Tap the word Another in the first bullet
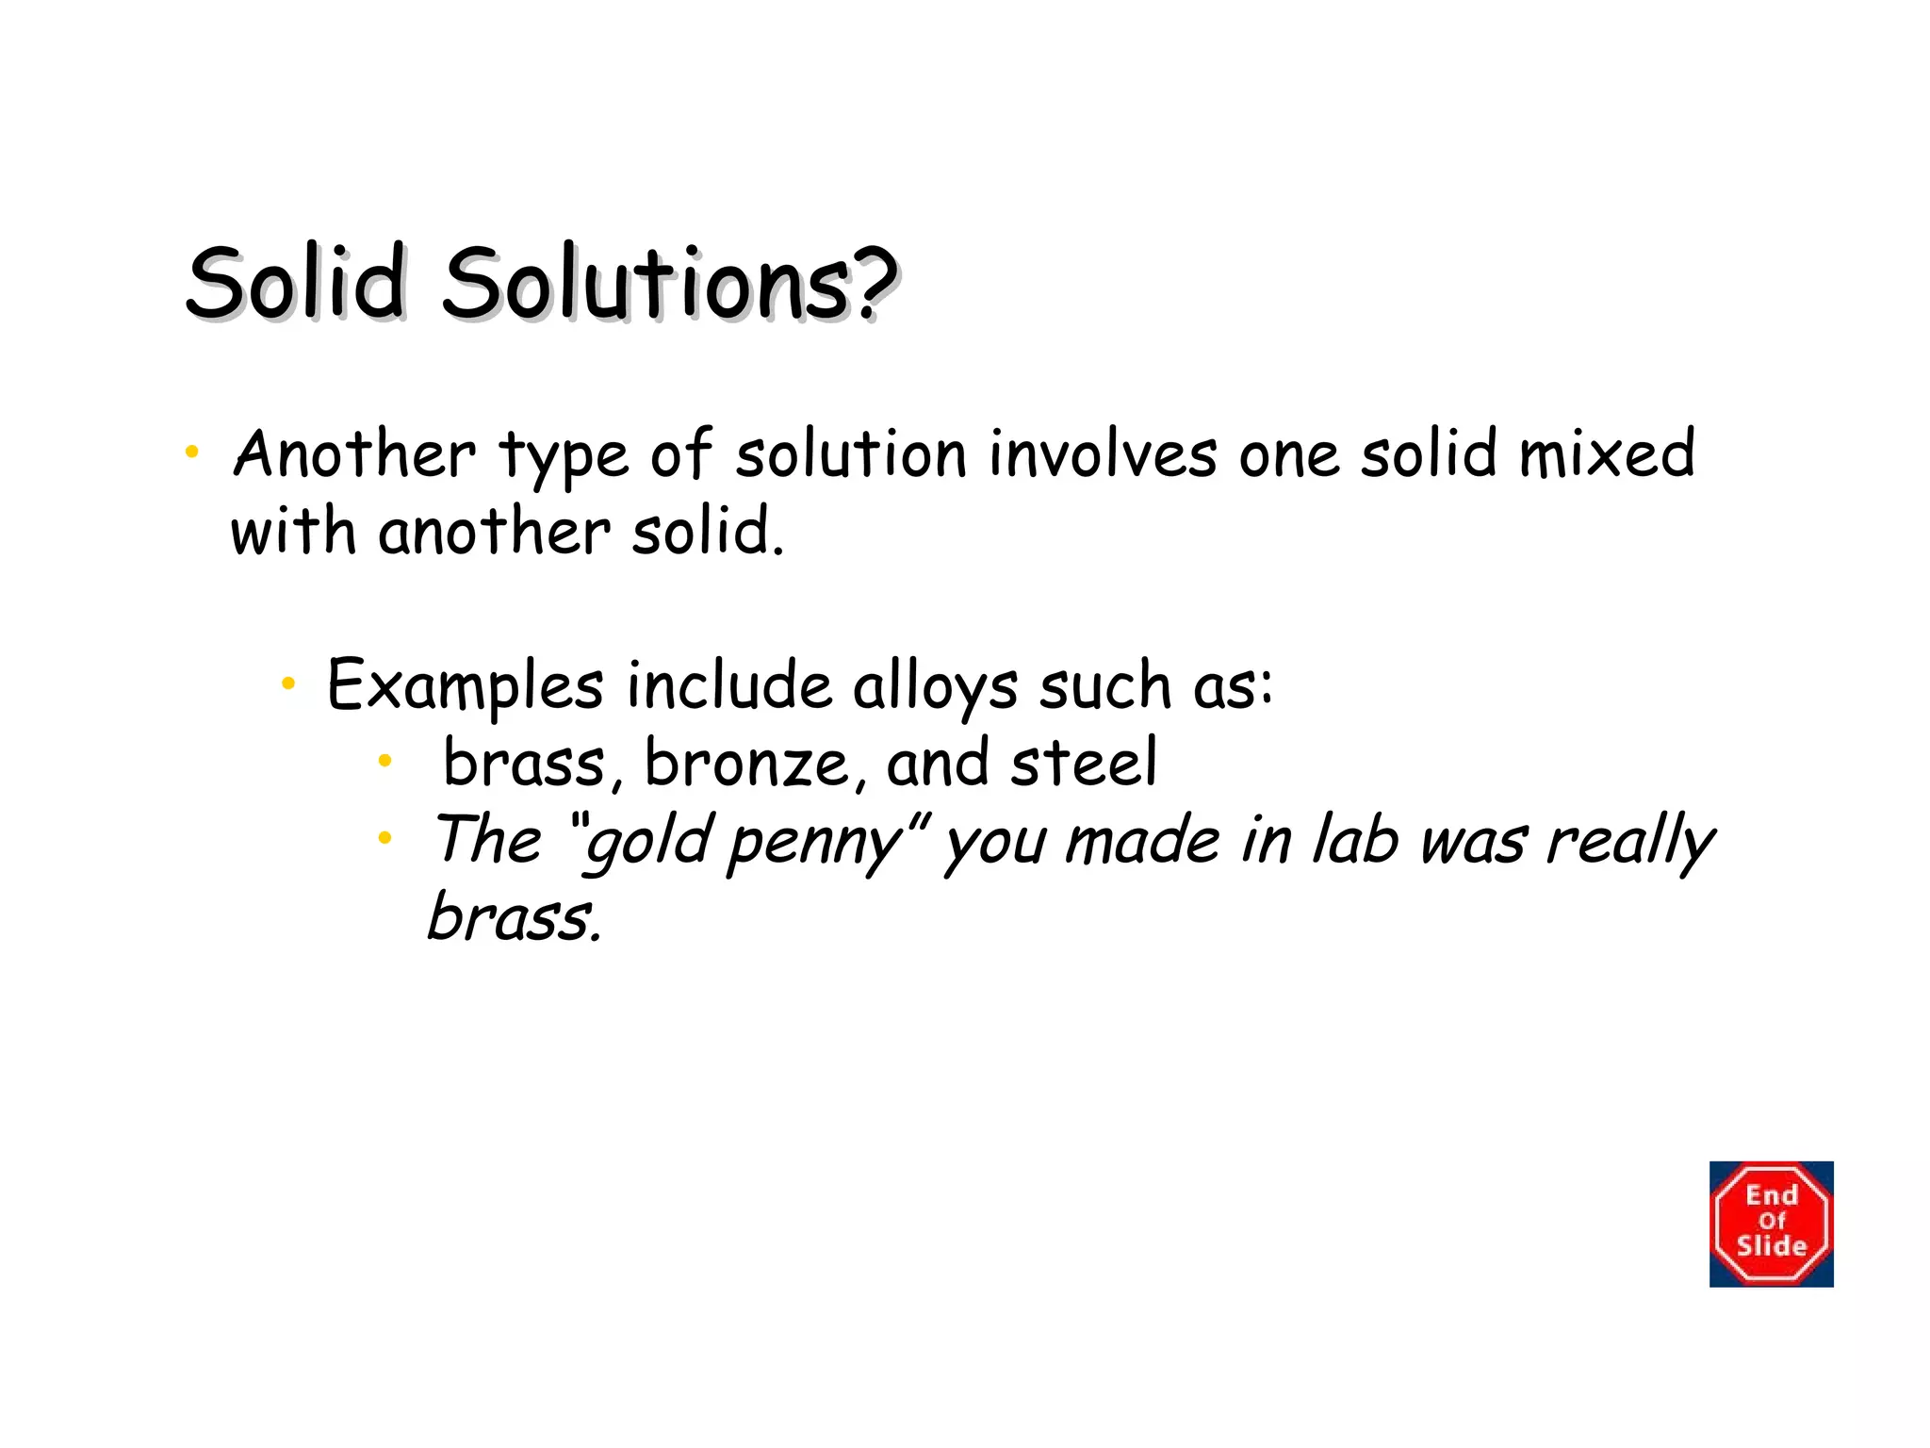(354, 454)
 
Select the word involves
(1103, 454)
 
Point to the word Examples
(465, 686)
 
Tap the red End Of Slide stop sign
(1771, 1224)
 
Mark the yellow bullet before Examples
(288, 683)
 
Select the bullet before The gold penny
(384, 837)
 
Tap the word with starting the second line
(292, 532)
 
